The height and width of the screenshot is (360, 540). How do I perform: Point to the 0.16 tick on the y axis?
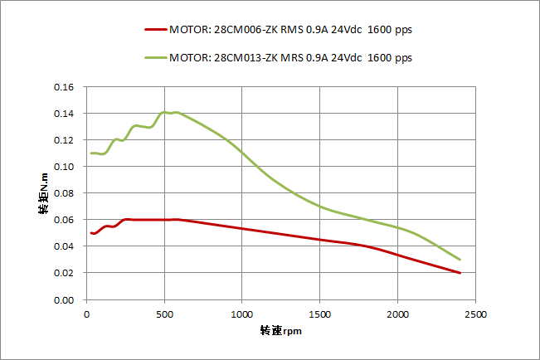64,87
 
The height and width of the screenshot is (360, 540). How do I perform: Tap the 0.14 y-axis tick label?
64,114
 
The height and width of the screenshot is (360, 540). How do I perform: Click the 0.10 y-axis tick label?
64,167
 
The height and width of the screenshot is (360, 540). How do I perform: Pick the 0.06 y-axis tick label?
64,220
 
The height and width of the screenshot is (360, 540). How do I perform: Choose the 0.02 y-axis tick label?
64,273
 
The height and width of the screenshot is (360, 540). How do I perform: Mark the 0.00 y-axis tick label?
64,299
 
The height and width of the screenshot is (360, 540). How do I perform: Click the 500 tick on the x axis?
164,314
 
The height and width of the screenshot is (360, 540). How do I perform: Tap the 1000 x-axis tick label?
241,314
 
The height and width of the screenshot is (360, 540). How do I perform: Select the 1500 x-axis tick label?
319,314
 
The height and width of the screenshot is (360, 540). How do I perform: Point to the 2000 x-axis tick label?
397,314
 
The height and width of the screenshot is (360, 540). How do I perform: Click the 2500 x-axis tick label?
475,314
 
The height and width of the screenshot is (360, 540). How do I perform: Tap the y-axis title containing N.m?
43,194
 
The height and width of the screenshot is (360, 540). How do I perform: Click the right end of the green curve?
460,260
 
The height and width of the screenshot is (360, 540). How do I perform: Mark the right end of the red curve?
460,273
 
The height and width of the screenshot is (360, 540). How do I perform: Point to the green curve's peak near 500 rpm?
166,112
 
